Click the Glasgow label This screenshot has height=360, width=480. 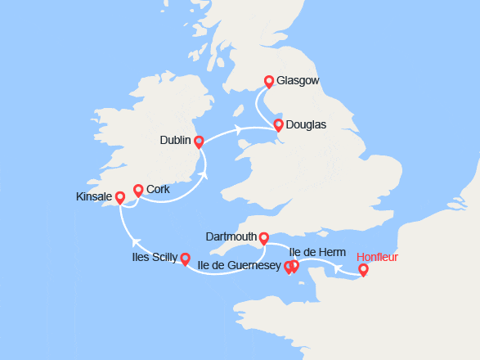click(x=297, y=81)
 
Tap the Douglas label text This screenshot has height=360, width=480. click(x=307, y=125)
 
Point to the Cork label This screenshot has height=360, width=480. click(x=158, y=189)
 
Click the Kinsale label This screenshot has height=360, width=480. click(x=93, y=197)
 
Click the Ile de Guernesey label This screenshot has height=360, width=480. click(x=240, y=265)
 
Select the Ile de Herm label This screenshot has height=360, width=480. click(x=317, y=252)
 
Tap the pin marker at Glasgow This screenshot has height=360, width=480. click(x=268, y=82)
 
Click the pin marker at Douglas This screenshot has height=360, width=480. click(x=279, y=125)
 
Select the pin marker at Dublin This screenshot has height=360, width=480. click(x=199, y=142)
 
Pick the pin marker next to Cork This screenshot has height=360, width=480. click(x=138, y=190)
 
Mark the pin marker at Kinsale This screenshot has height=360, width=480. click(x=120, y=197)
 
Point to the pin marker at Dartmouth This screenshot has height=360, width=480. click(x=263, y=238)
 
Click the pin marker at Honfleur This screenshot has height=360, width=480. click(x=363, y=269)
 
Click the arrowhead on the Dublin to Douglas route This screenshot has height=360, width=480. click(x=238, y=128)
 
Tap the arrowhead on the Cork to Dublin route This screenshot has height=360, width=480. click(x=203, y=174)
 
